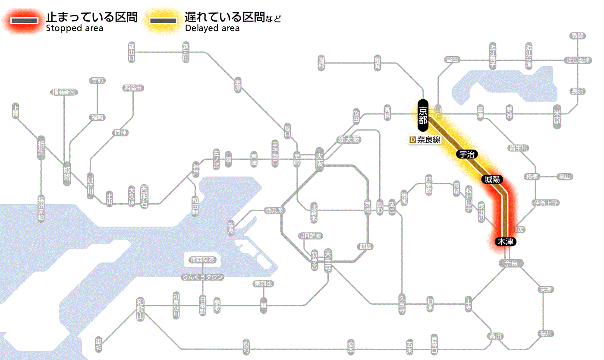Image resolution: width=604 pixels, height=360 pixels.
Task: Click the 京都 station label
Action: (423, 115)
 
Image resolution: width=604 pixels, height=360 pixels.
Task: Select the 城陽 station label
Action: (492, 179)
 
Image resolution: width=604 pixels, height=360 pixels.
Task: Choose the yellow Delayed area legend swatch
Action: (163, 21)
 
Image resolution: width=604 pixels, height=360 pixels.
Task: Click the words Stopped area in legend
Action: (75, 28)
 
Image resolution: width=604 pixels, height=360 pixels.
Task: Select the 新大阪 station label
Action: (349, 139)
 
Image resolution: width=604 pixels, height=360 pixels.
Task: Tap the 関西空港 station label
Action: (202, 260)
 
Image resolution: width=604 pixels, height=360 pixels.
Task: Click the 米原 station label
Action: (557, 117)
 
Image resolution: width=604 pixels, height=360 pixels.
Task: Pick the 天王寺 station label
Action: (328, 261)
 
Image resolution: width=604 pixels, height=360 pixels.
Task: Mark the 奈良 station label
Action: (511, 263)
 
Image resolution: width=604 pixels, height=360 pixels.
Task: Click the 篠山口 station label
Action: (132, 52)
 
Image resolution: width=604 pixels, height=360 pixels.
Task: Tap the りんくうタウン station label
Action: (202, 277)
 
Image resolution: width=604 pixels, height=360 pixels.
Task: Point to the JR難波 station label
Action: (311, 236)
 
